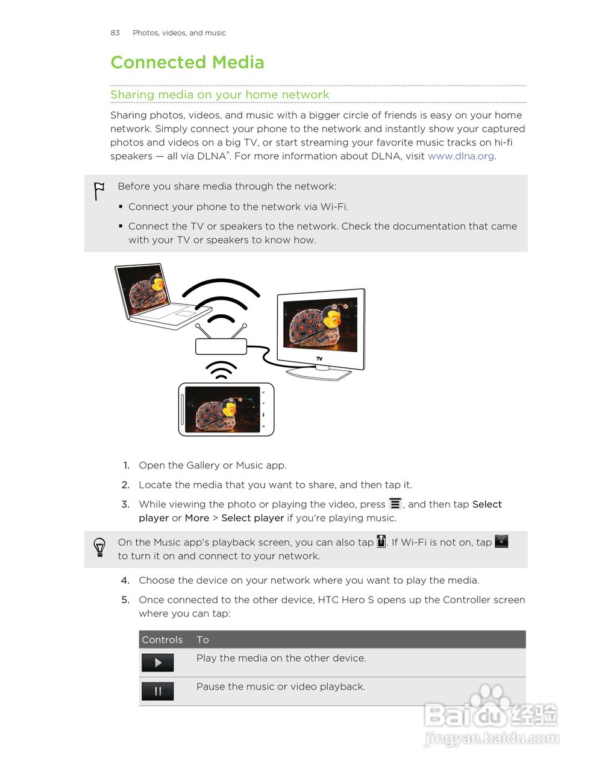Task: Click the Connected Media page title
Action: (x=187, y=62)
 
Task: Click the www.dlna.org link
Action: (x=461, y=156)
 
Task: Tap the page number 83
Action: (x=115, y=33)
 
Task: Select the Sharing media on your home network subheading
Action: (x=219, y=95)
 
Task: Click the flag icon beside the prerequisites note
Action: (x=99, y=191)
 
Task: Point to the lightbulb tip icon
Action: (x=99, y=547)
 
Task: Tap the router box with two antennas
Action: (x=221, y=346)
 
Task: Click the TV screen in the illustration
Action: (x=320, y=326)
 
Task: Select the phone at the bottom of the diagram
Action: (x=226, y=410)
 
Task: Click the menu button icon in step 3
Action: (x=395, y=504)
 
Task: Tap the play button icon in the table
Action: (x=158, y=662)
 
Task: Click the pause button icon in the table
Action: (x=158, y=691)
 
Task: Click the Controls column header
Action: (x=162, y=639)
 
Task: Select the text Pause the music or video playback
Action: (x=280, y=686)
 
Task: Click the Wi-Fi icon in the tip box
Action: (x=501, y=541)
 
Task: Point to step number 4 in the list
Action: (x=125, y=580)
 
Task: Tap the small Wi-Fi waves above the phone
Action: (x=221, y=370)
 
